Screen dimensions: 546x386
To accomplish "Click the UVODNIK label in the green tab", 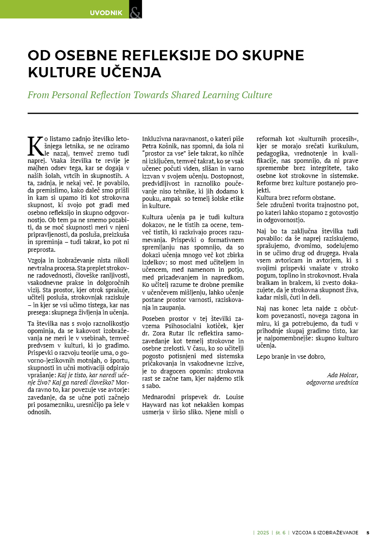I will pyautogui.click(x=106, y=13).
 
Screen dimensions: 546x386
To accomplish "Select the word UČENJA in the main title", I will pyautogui.click(x=133, y=72).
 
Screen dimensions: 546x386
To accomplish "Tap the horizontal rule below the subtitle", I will pyautogui.click(x=193, y=113).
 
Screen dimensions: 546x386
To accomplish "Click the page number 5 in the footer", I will pyautogui.click(x=368, y=532).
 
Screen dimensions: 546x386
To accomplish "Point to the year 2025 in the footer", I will pyautogui.click(x=263, y=532).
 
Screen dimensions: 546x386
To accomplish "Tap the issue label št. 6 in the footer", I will pyautogui.click(x=280, y=532).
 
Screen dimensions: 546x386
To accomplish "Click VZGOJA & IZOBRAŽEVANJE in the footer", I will pyautogui.click(x=325, y=532).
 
